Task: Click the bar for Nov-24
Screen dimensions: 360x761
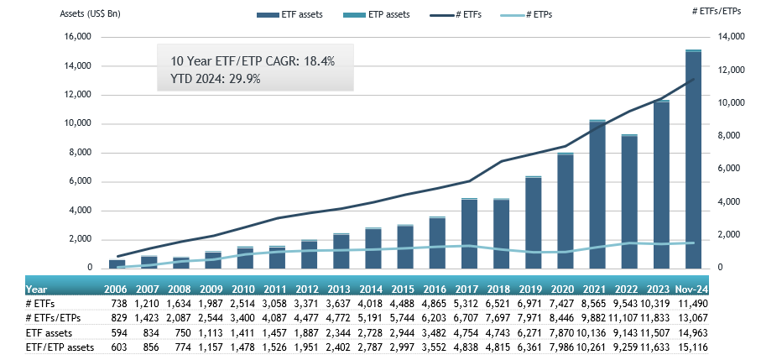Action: click(x=693, y=159)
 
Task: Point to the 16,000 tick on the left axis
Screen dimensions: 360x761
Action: click(x=78, y=37)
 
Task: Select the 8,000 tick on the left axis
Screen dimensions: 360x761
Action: click(x=81, y=153)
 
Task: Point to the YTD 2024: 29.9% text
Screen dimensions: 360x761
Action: click(x=216, y=79)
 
